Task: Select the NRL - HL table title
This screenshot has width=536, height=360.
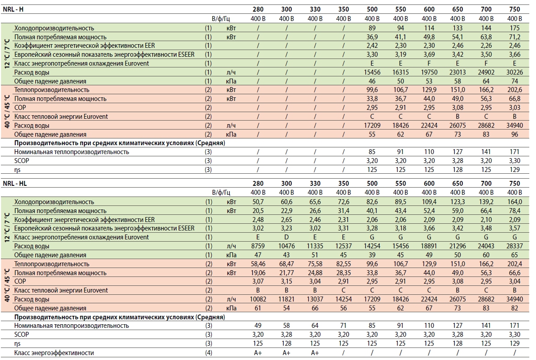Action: (16, 184)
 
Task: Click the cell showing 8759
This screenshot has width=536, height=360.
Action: (258, 246)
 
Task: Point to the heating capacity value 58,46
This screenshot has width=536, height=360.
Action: (258, 264)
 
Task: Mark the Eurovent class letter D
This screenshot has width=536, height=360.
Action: (286, 237)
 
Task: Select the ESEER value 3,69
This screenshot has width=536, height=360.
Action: (429, 54)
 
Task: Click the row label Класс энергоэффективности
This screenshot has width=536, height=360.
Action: (54, 353)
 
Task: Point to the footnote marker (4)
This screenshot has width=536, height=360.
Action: (208, 353)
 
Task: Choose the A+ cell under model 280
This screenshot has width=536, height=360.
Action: (258, 353)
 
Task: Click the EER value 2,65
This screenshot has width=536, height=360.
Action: (286, 219)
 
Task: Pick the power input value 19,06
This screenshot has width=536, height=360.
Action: (258, 273)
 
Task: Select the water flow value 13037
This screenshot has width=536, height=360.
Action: (315, 299)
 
